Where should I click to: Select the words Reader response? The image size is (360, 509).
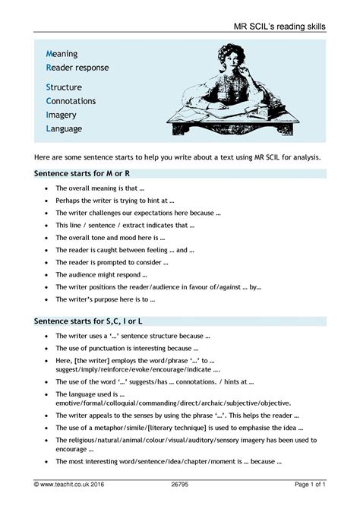(77, 68)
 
